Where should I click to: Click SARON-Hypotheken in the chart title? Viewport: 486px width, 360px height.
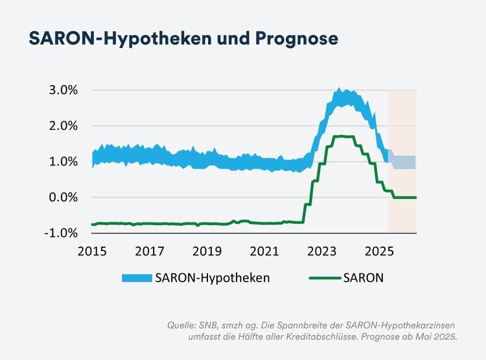pos(115,38)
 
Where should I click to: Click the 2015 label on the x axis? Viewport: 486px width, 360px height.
pos(92,250)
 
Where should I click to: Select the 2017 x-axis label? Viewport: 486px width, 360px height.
pos(150,250)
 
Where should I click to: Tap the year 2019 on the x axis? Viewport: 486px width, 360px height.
pos(207,250)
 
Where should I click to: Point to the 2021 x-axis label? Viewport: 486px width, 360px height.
pos(265,250)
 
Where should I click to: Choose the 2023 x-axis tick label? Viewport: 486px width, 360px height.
pos(323,250)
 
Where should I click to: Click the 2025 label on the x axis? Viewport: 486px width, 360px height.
pos(380,250)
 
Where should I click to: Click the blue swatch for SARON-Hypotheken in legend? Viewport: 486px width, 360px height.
pos(137,278)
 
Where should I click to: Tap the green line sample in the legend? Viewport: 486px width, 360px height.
pos(321,278)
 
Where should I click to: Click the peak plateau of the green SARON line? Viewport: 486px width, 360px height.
pos(343,136)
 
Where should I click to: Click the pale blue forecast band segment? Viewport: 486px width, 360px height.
pos(404,162)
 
